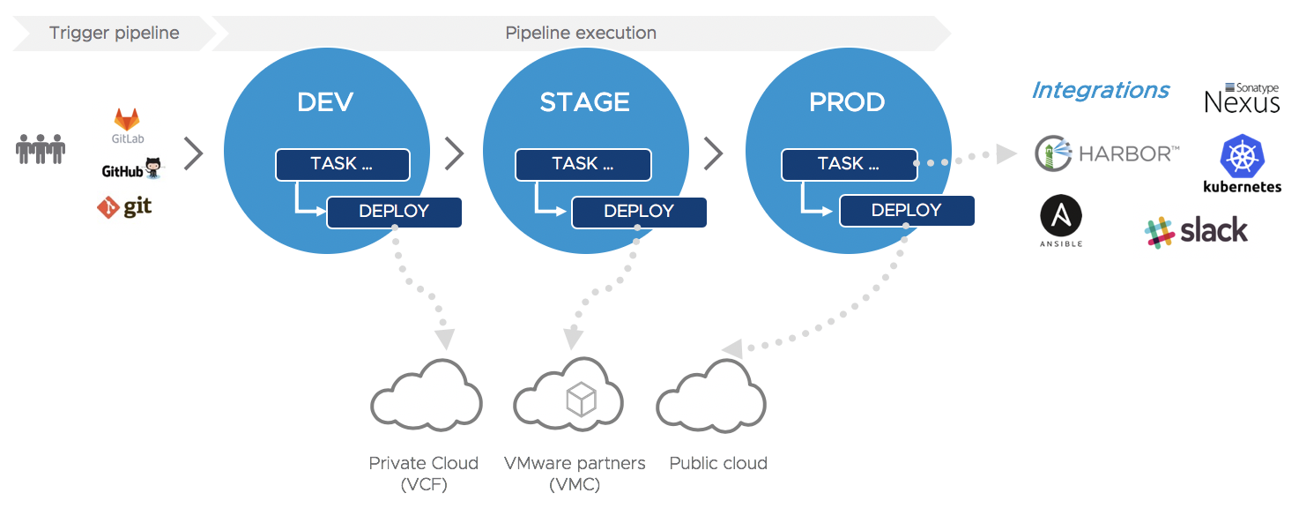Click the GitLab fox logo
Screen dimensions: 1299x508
[x=126, y=120]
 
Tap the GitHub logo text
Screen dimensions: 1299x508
[x=122, y=171]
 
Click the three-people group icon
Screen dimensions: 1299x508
[x=41, y=149]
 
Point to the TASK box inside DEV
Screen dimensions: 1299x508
[x=343, y=165]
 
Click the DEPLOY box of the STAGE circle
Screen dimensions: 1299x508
[x=639, y=212]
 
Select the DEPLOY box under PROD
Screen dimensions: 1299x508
[x=907, y=211]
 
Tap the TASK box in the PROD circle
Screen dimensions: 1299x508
[x=850, y=165]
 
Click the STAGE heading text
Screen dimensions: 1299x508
[x=584, y=102]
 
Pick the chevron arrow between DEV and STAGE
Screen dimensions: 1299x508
[x=455, y=153]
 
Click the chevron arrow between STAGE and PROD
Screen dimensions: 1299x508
[x=713, y=153]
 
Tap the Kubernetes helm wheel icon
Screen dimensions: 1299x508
[x=1243, y=155]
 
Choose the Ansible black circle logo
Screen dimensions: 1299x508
[x=1061, y=215]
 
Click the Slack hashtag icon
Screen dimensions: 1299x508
[x=1159, y=232]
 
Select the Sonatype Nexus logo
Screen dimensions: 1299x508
[x=1243, y=97]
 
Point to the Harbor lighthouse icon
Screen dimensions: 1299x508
[x=1053, y=153]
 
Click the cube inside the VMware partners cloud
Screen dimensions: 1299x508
[x=581, y=399]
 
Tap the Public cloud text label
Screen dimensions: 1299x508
[x=718, y=463]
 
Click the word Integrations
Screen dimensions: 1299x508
[x=1101, y=91]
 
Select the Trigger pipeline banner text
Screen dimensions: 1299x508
[x=115, y=34]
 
